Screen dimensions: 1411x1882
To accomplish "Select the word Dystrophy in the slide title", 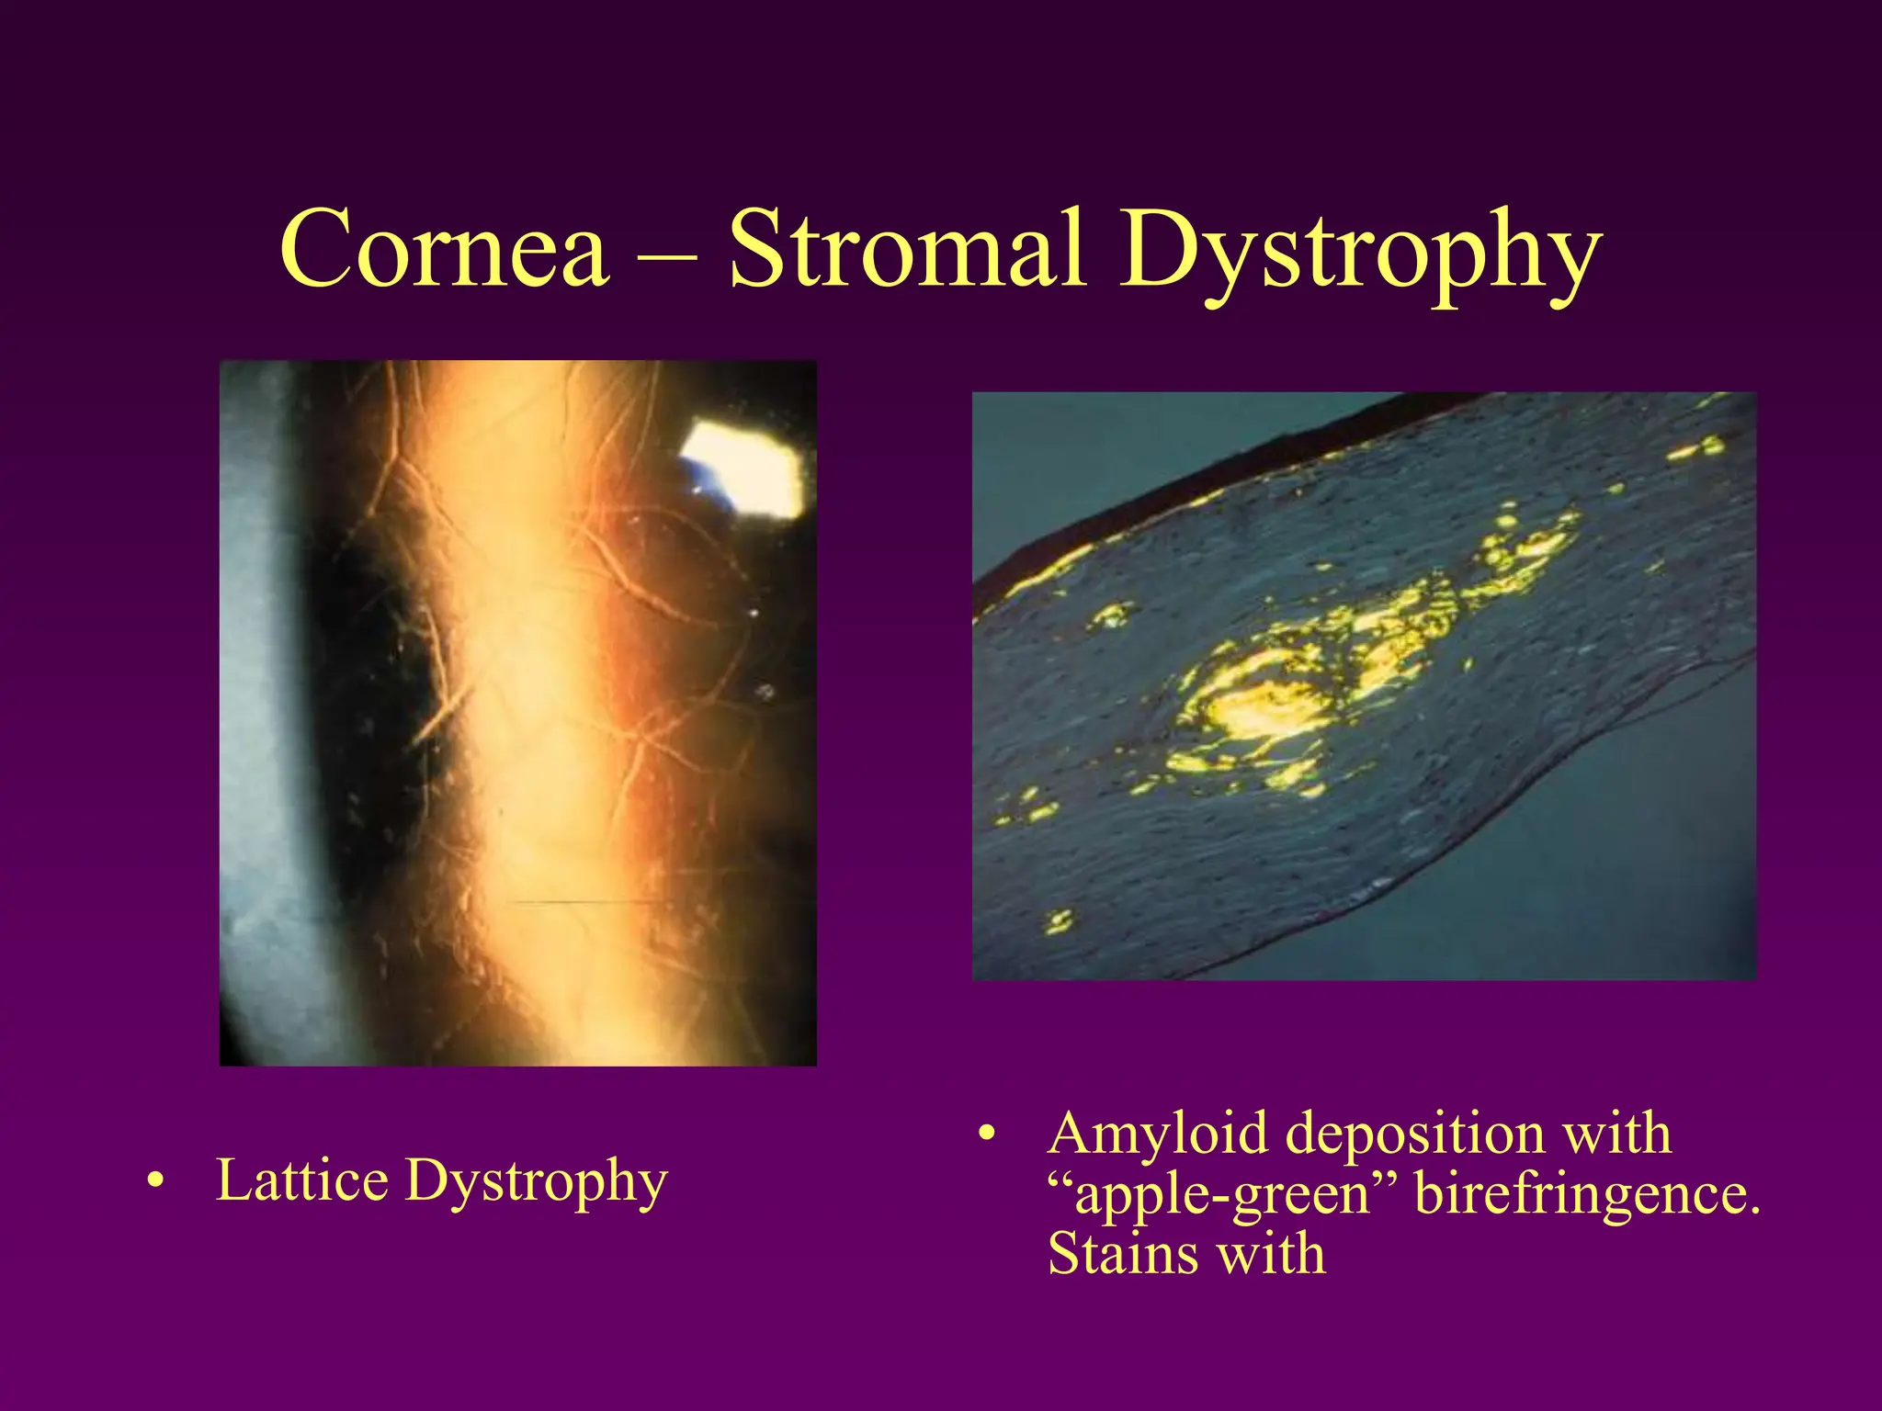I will [1359, 254].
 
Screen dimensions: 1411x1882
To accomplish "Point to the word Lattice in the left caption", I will [301, 1180].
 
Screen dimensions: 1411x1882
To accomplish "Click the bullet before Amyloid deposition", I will [986, 1134].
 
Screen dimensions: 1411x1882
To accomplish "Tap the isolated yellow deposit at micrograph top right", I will [1698, 449].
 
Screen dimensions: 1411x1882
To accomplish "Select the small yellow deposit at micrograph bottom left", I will [1059, 920].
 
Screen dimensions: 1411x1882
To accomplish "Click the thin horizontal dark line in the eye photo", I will [588, 902].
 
